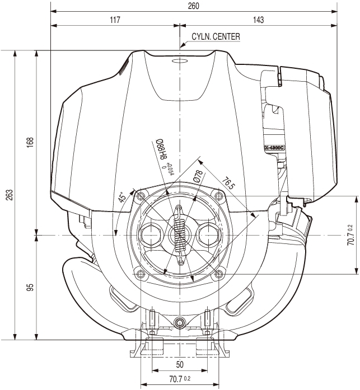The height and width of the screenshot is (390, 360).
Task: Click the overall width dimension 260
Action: [194, 6]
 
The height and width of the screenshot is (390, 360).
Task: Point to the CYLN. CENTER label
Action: [216, 37]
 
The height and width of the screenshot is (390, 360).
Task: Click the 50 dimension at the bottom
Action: [180, 364]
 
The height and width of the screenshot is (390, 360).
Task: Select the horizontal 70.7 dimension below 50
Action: [177, 379]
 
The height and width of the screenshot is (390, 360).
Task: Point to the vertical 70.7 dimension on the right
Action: [350, 235]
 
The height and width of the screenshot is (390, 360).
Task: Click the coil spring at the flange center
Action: [180, 235]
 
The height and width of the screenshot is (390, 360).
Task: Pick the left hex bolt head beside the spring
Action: [153, 236]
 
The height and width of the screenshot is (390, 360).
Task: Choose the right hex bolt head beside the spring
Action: [207, 236]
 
